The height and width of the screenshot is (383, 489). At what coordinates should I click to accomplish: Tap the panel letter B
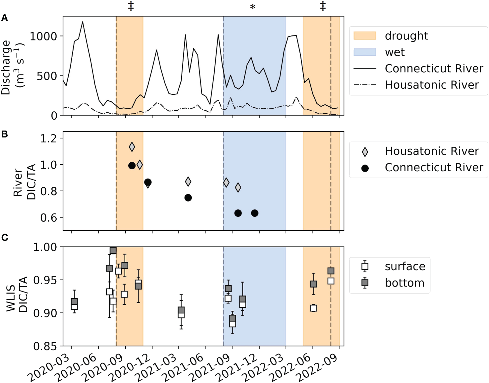[5, 134]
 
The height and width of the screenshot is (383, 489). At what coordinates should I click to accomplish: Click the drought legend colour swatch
[365, 36]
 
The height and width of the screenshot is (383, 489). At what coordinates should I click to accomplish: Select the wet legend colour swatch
[365, 52]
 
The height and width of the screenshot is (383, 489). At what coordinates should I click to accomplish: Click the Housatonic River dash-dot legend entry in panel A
[365, 85]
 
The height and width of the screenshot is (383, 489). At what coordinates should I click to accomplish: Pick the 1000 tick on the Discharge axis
[43, 36]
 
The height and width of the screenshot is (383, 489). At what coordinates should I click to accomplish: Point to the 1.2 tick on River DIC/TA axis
[48, 138]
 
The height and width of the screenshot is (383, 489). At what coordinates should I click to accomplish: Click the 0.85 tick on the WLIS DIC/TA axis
[45, 346]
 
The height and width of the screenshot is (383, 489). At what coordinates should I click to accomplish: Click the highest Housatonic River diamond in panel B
[132, 147]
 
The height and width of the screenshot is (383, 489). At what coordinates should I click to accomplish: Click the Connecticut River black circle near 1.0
[132, 166]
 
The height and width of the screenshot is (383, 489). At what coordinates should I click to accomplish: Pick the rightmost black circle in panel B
[254, 213]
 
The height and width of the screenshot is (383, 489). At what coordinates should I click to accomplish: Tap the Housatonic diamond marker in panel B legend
[365, 152]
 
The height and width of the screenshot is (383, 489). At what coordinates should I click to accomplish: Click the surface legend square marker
[365, 266]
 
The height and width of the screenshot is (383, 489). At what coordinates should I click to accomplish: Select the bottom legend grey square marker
[365, 283]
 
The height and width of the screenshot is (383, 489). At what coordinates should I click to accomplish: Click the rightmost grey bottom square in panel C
[331, 271]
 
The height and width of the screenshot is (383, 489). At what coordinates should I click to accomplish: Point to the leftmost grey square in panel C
[74, 302]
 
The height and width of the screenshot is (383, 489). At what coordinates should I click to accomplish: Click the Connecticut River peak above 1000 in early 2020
[82, 22]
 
